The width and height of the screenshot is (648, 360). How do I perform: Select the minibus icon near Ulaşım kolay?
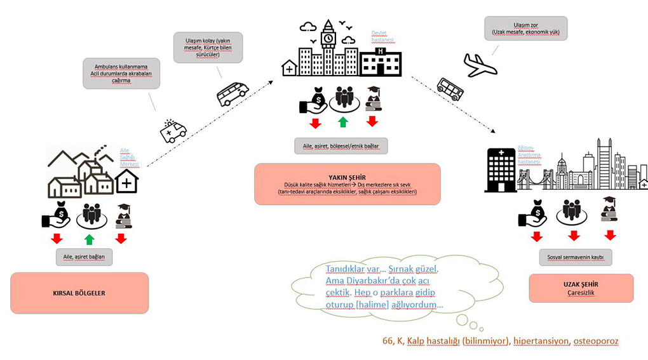(x=233, y=94)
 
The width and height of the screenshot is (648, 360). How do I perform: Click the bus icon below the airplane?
(x=450, y=89)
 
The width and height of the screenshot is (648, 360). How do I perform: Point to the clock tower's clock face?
(x=328, y=38)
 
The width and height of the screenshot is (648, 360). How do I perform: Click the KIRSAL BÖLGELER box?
(x=79, y=293)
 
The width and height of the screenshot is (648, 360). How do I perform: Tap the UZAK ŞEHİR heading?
(x=581, y=284)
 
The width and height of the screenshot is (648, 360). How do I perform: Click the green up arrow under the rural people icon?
(x=90, y=239)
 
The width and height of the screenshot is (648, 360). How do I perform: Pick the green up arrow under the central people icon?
(x=343, y=121)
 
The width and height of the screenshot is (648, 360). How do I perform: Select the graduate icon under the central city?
(x=372, y=98)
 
